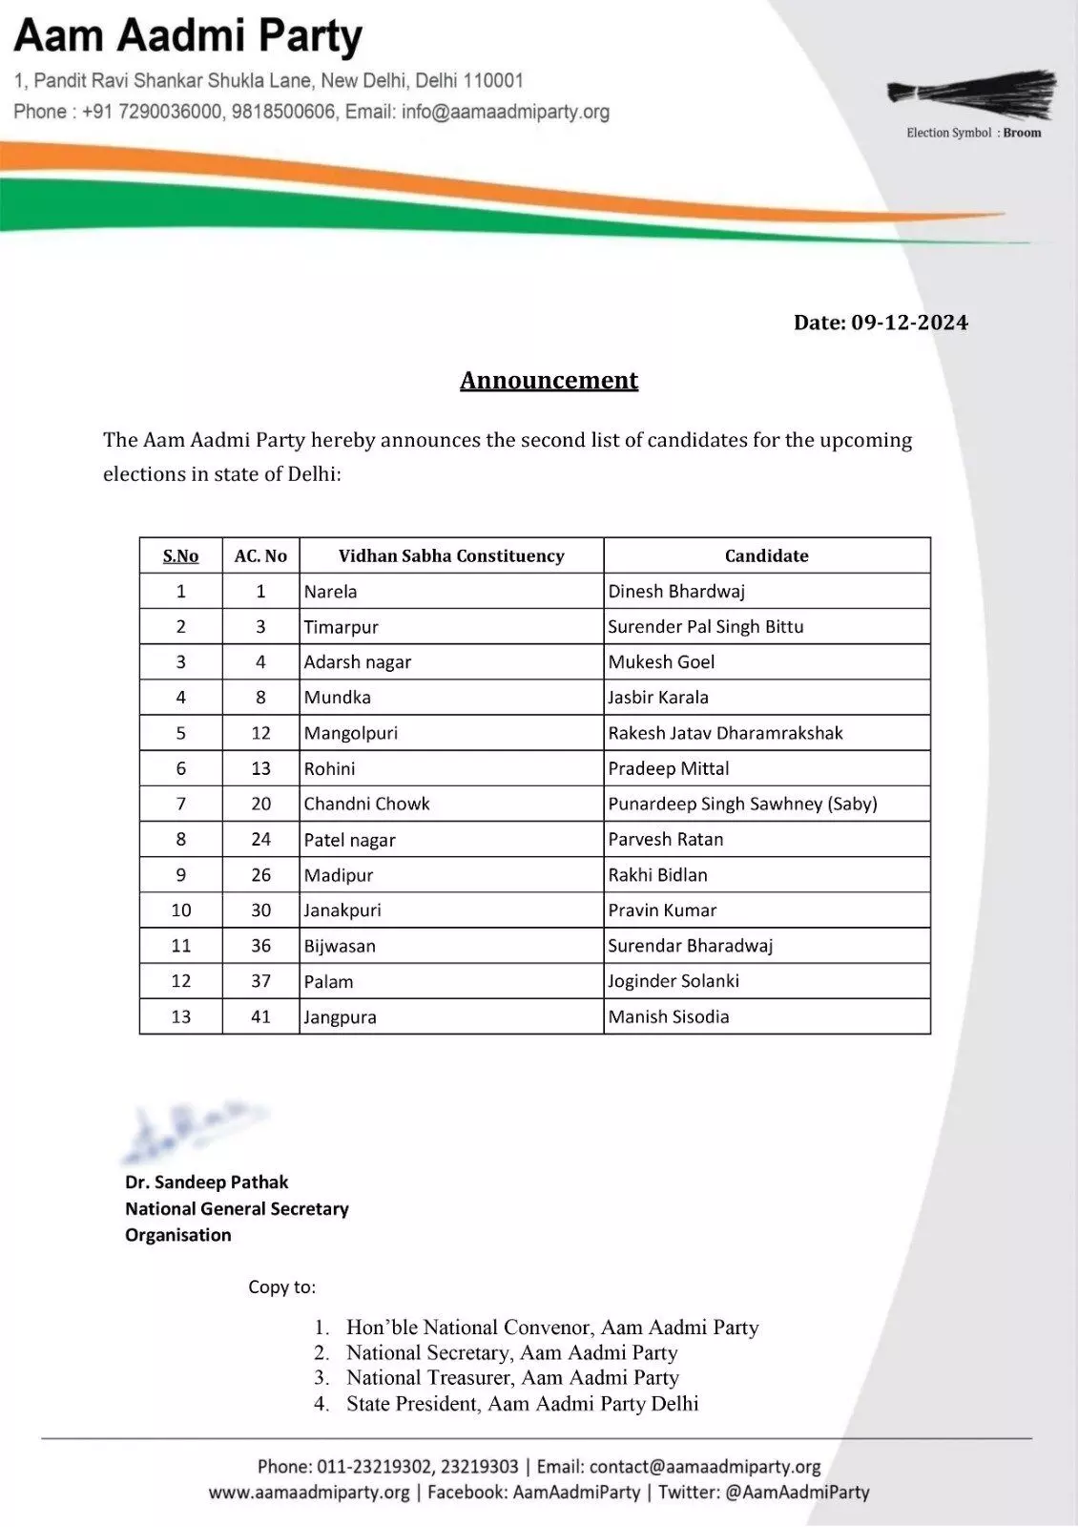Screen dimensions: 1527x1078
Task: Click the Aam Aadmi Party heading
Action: pyautogui.click(x=188, y=37)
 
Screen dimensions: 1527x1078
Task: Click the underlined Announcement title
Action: pyautogui.click(x=549, y=380)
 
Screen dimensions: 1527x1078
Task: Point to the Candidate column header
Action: pyautogui.click(x=766, y=555)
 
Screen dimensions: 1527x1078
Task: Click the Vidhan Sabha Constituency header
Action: pyautogui.click(x=451, y=555)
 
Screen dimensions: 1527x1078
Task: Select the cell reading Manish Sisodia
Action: pyautogui.click(x=669, y=1016)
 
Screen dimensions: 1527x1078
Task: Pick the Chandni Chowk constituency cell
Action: pyautogui.click(x=367, y=804)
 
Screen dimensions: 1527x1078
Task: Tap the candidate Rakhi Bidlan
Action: pyautogui.click(x=658, y=874)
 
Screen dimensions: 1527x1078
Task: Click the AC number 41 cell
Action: pyautogui.click(x=260, y=1016)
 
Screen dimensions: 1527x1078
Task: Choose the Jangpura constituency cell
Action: pyautogui.click(x=341, y=1016)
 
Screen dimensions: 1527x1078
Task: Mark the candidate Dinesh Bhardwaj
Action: pyautogui.click(x=676, y=591)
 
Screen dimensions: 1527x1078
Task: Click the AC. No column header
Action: pyautogui.click(x=260, y=555)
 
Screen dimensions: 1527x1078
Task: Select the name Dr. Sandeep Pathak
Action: pyautogui.click(x=207, y=1182)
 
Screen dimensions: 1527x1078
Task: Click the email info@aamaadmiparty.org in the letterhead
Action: pyautogui.click(x=506, y=112)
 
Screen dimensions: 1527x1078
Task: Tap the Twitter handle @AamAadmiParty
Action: pyautogui.click(x=798, y=1492)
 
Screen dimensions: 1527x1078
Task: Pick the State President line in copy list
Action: pyautogui.click(x=522, y=1403)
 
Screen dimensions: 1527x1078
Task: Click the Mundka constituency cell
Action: pyautogui.click(x=338, y=697)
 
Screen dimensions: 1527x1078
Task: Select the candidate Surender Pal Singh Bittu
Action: pyautogui.click(x=706, y=626)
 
